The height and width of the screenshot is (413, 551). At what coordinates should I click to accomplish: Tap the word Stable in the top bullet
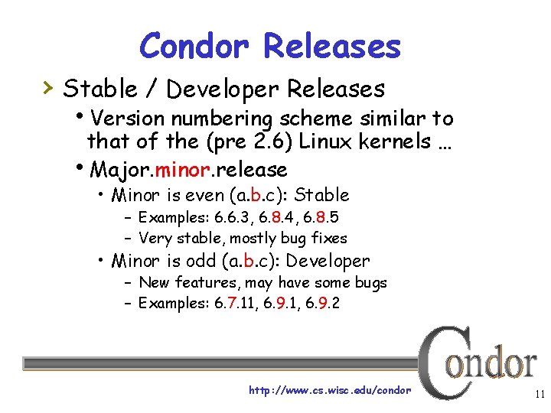coord(98,89)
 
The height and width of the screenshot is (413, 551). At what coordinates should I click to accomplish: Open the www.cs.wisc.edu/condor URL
coord(330,390)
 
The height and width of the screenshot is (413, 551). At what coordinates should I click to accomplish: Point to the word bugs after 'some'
coord(370,282)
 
